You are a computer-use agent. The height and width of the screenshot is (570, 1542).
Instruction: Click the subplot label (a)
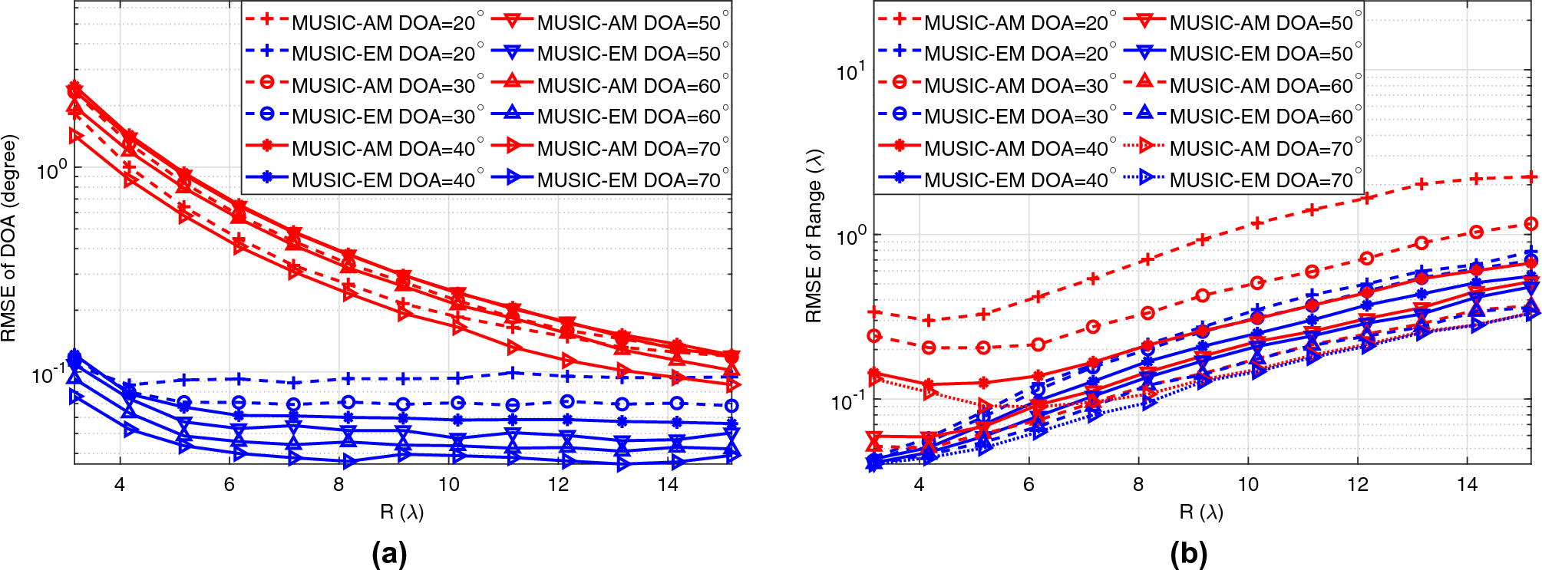tap(388, 553)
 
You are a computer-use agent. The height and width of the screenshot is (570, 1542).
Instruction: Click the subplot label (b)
tap(1189, 553)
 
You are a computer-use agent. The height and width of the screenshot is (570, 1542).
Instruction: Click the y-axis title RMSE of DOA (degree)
tap(9, 239)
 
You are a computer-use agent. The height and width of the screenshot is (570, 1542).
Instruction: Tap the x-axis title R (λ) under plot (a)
tap(401, 512)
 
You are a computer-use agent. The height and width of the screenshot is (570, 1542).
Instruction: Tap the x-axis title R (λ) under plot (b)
tap(1201, 512)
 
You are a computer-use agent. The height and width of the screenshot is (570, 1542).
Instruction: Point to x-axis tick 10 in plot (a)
tap(448, 485)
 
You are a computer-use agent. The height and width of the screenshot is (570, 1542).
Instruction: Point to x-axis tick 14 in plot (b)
tap(1467, 485)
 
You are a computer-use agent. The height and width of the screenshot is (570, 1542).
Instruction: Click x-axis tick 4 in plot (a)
tap(120, 485)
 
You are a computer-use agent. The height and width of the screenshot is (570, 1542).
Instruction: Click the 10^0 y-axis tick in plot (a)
tap(52, 170)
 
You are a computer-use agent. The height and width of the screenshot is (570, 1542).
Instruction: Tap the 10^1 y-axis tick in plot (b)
tap(850, 72)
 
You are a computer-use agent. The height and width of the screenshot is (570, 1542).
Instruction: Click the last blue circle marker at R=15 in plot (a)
tap(731, 406)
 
